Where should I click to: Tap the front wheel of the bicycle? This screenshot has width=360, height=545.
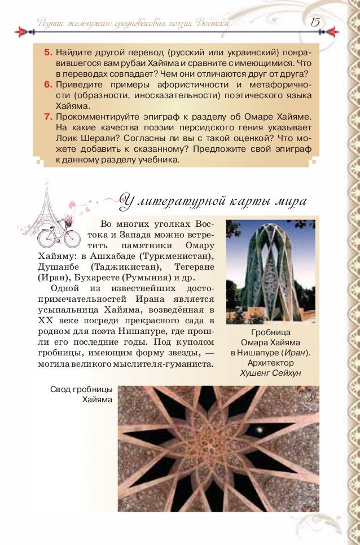[x=72, y=238]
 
